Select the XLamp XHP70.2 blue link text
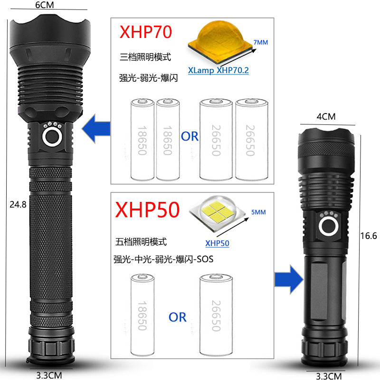click(x=218, y=70)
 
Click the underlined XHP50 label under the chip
click(x=217, y=244)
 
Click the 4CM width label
click(x=326, y=116)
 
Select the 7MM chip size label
click(x=261, y=43)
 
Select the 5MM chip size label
click(x=258, y=213)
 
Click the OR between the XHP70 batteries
click(x=190, y=137)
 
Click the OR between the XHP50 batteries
click(x=178, y=317)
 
